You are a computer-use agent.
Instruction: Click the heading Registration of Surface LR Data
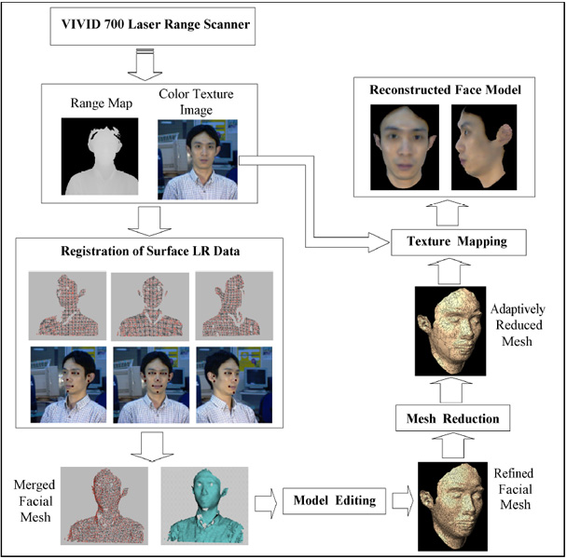(x=149, y=251)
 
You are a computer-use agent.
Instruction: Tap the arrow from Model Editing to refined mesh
(x=401, y=501)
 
